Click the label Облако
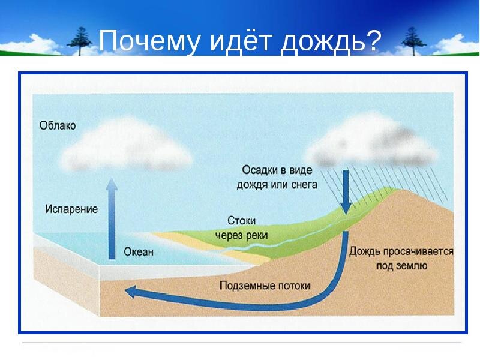(x=58, y=126)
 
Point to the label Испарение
(x=71, y=209)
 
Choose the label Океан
(x=139, y=252)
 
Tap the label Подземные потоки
(x=265, y=286)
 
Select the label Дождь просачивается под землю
(x=401, y=259)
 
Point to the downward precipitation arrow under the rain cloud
(x=346, y=192)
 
